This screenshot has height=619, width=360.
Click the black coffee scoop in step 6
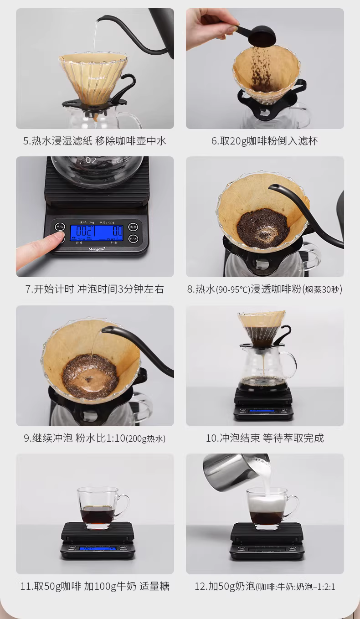tap(257, 34)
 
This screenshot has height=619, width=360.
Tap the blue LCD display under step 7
tap(97, 231)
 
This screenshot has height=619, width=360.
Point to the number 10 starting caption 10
tap(211, 438)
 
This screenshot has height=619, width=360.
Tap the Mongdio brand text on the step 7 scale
tap(96, 249)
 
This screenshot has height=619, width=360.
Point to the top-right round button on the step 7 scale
tap(133, 227)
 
